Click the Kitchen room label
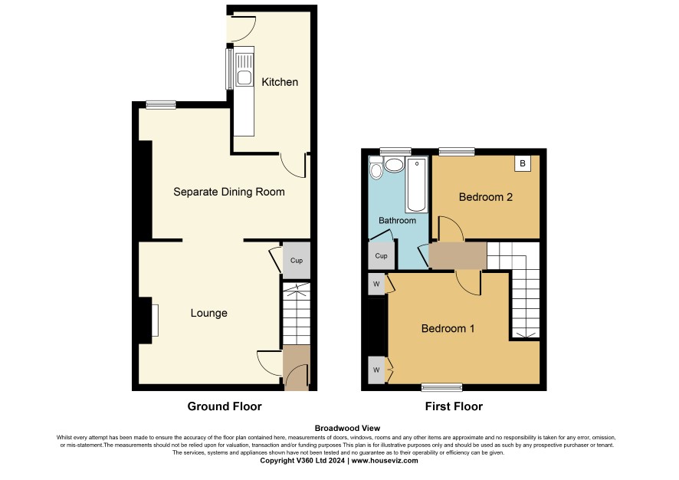[x=280, y=82]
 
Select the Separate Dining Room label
[x=229, y=192]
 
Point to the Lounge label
[x=208, y=313]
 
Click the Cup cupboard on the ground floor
[x=296, y=261]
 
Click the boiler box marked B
[x=523, y=164]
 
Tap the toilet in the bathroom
[x=376, y=168]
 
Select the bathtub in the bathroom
[x=417, y=185]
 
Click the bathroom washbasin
[x=394, y=165]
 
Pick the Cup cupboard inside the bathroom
[x=381, y=256]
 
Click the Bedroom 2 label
[x=485, y=197]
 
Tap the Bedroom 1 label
[x=448, y=328]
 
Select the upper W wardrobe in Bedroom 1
[x=376, y=284]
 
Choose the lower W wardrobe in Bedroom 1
[x=376, y=370]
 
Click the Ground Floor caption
[x=225, y=406]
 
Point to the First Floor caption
[x=454, y=406]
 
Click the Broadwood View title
[x=347, y=429]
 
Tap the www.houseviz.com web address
[x=385, y=461]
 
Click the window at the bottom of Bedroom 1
[x=442, y=387]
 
